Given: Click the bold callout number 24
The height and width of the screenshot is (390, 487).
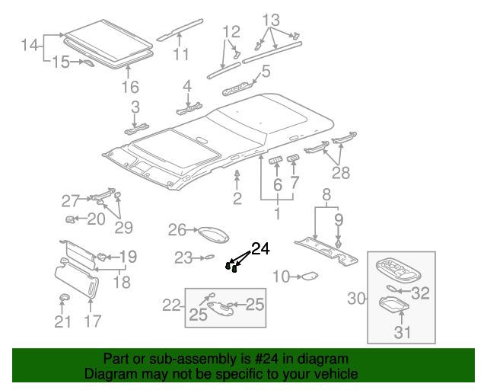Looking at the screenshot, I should [x=260, y=248].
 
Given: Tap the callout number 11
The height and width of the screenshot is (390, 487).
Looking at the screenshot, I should [x=180, y=54].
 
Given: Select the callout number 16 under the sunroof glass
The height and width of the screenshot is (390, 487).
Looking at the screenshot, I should [x=130, y=86].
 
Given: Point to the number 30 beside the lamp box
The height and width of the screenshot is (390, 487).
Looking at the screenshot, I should [x=357, y=299].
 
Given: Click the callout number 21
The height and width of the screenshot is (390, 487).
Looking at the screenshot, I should [x=62, y=321].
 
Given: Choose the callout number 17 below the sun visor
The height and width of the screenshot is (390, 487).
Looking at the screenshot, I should [x=93, y=321].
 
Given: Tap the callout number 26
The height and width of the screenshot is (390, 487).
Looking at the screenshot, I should [x=177, y=231].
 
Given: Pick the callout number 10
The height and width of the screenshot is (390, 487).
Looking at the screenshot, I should [x=282, y=277].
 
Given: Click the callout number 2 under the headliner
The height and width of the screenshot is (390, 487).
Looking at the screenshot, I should [x=237, y=199].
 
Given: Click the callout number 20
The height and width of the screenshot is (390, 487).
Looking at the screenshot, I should [x=96, y=219].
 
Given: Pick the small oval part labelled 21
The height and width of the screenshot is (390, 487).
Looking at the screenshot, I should [x=63, y=297].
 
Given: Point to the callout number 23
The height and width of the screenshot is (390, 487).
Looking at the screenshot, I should [x=183, y=258].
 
